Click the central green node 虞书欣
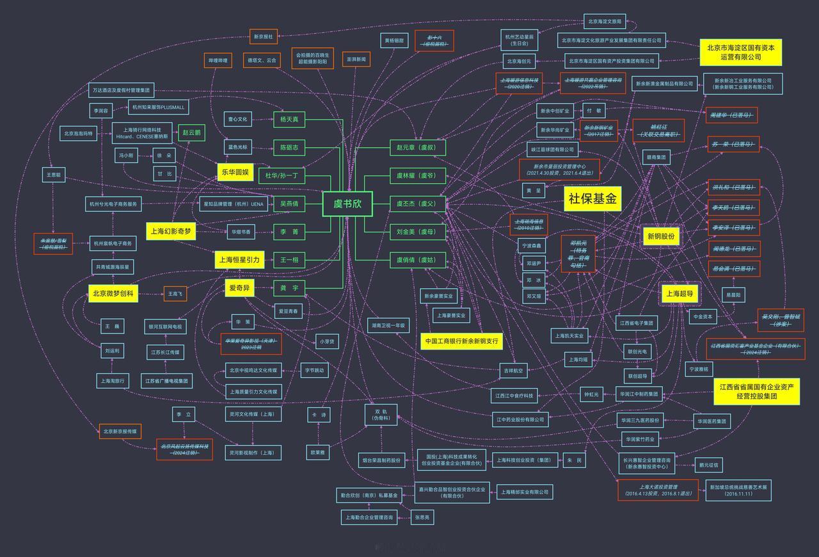tap(347, 204)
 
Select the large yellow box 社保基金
tap(592, 200)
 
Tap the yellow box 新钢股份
tap(661, 237)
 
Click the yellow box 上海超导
tap(679, 295)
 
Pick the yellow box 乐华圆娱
tap(235, 172)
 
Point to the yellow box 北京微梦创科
tap(113, 294)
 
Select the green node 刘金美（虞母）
tap(417, 232)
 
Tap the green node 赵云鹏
tap(191, 133)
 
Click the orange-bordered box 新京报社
tap(263, 37)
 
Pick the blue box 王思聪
tap(54, 174)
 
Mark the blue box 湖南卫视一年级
tap(388, 325)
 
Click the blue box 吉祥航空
tap(513, 371)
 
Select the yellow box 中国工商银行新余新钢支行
tap(461, 341)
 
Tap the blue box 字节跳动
tap(314, 370)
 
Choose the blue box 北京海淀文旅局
tap(604, 22)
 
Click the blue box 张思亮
tap(423, 517)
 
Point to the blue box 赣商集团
tap(656, 157)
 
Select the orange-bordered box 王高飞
tap(175, 294)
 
